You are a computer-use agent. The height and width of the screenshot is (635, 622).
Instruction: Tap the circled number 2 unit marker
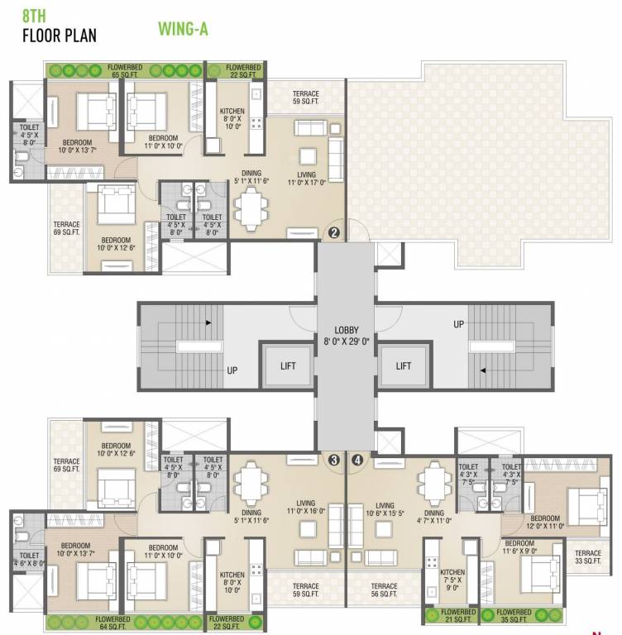pos(333,232)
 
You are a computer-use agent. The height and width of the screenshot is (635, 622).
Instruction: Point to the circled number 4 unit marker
pos(357,461)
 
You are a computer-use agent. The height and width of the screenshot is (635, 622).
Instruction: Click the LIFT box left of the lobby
pos(287,365)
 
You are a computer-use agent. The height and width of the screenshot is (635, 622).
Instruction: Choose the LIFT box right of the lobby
pos(403,365)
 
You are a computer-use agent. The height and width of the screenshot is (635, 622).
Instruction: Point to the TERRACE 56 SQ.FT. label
pos(385,590)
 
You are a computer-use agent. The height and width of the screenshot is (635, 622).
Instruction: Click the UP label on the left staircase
pos(232,371)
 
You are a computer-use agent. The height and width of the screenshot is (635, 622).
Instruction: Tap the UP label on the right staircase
pos(458,325)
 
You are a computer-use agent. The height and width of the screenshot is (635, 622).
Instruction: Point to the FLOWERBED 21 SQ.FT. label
pos(452,617)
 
